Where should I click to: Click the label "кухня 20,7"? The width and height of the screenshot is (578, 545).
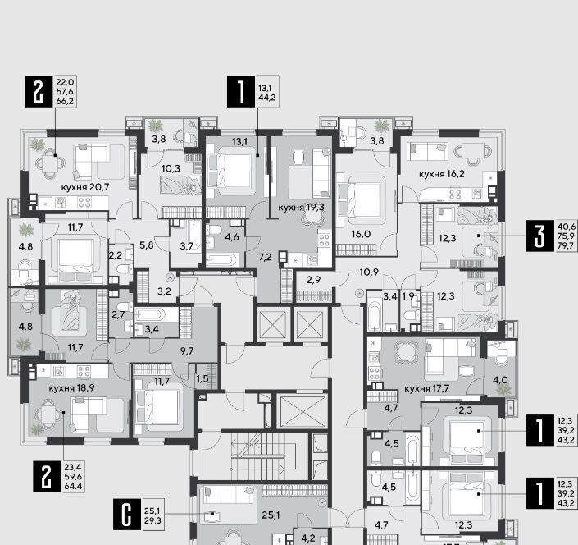point(85,187)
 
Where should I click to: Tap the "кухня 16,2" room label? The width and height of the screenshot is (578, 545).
point(442,174)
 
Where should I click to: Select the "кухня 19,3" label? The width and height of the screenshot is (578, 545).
point(301,208)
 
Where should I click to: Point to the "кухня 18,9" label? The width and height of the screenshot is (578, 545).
point(71,388)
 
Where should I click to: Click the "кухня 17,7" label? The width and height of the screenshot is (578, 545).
point(427,388)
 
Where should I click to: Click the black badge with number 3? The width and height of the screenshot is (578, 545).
point(540,236)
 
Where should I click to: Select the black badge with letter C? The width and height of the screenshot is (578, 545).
point(127,514)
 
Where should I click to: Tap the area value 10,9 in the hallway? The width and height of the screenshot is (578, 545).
point(369,272)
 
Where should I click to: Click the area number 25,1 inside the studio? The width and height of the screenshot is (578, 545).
point(271,515)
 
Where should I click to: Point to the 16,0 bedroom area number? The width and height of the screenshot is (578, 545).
point(362,234)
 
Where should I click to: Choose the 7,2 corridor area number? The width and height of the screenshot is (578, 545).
point(265,257)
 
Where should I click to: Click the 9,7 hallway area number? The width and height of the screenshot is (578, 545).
point(187,351)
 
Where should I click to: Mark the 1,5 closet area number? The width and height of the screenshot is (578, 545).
point(203,378)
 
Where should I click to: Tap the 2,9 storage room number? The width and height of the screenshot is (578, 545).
point(313,280)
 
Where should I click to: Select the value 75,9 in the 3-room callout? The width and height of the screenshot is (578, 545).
point(566,236)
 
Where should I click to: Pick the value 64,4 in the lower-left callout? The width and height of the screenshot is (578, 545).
point(73,487)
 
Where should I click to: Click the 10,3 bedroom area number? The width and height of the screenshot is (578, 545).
point(171,169)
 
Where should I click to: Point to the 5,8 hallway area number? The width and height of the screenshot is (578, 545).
point(146,245)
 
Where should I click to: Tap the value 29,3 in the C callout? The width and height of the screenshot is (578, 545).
point(152,520)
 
